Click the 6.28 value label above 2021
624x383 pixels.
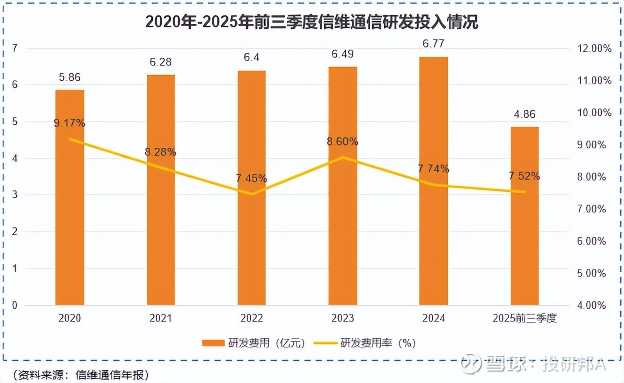[x=161, y=62]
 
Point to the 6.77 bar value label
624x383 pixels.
[x=433, y=44]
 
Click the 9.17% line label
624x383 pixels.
[x=69, y=123]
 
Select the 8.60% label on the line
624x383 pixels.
[x=343, y=141]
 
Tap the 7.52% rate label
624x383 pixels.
[x=524, y=176]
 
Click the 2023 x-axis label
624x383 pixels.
[x=342, y=319]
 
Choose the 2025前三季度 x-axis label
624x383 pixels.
[x=525, y=319]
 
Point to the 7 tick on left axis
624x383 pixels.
[x=15, y=48]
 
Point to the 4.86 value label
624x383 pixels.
[x=524, y=114]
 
